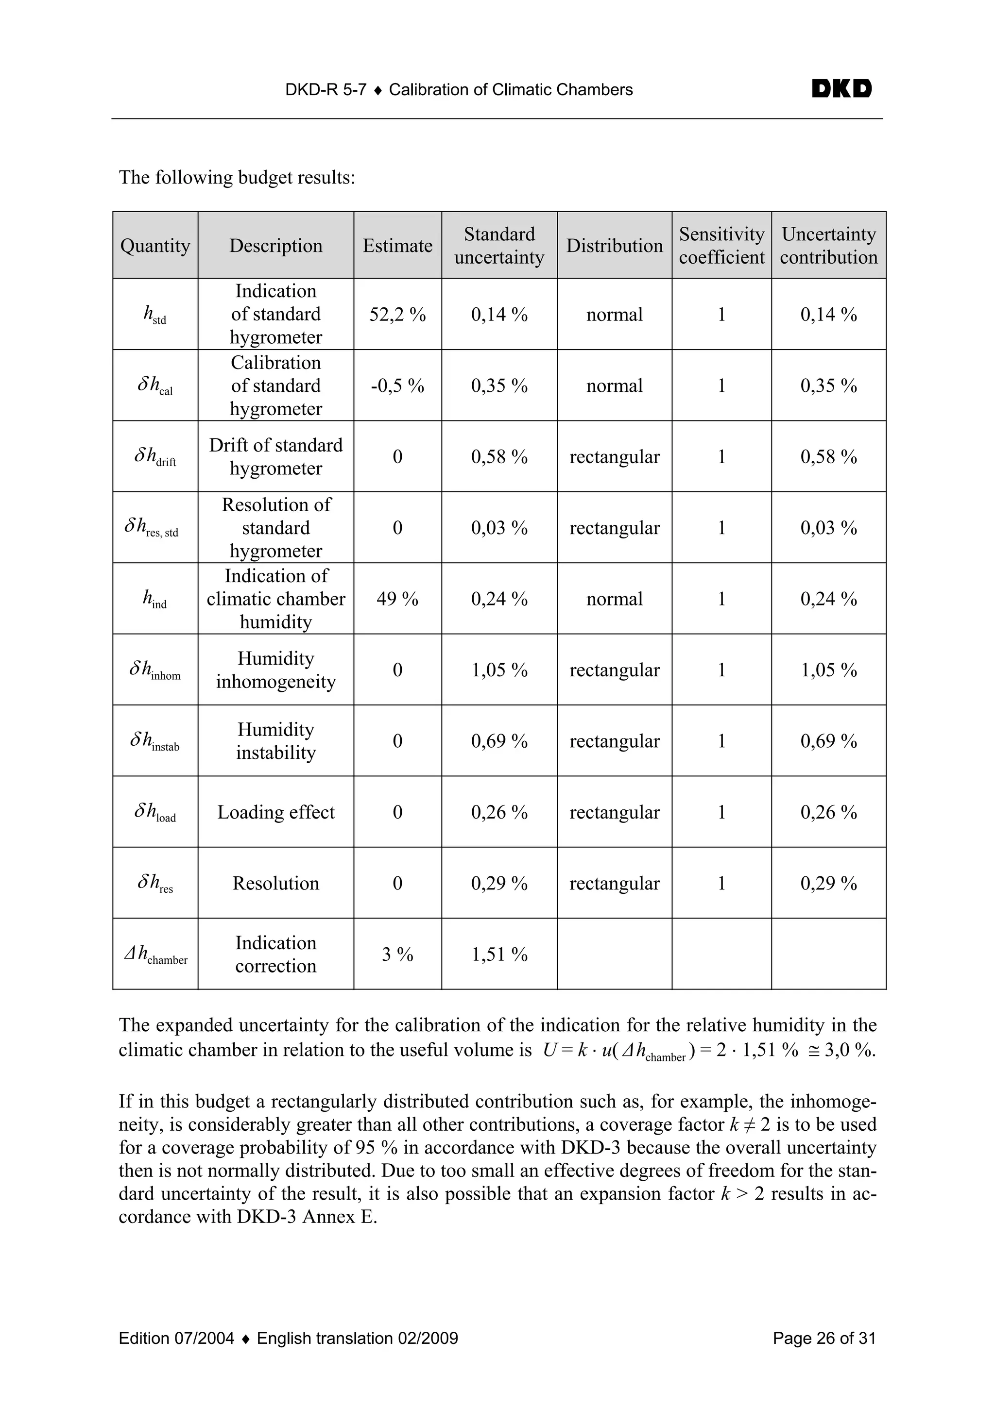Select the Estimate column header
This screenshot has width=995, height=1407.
397,246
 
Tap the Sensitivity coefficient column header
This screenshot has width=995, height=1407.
721,246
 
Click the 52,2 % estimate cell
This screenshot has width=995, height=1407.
397,315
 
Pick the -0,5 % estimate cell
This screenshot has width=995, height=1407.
397,385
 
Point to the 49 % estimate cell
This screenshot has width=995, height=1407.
397,599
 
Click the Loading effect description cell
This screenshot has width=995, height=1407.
276,812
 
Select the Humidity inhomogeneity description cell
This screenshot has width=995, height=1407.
276,670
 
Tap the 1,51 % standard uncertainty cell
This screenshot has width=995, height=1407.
499,954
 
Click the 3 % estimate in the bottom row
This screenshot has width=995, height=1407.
397,954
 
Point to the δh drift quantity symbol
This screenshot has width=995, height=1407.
155,456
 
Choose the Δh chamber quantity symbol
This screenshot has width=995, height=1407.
155,954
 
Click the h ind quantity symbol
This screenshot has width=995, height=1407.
154,599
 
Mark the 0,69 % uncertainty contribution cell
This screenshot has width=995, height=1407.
828,741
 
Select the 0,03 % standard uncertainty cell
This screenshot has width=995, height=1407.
499,528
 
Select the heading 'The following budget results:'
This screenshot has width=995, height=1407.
237,178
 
